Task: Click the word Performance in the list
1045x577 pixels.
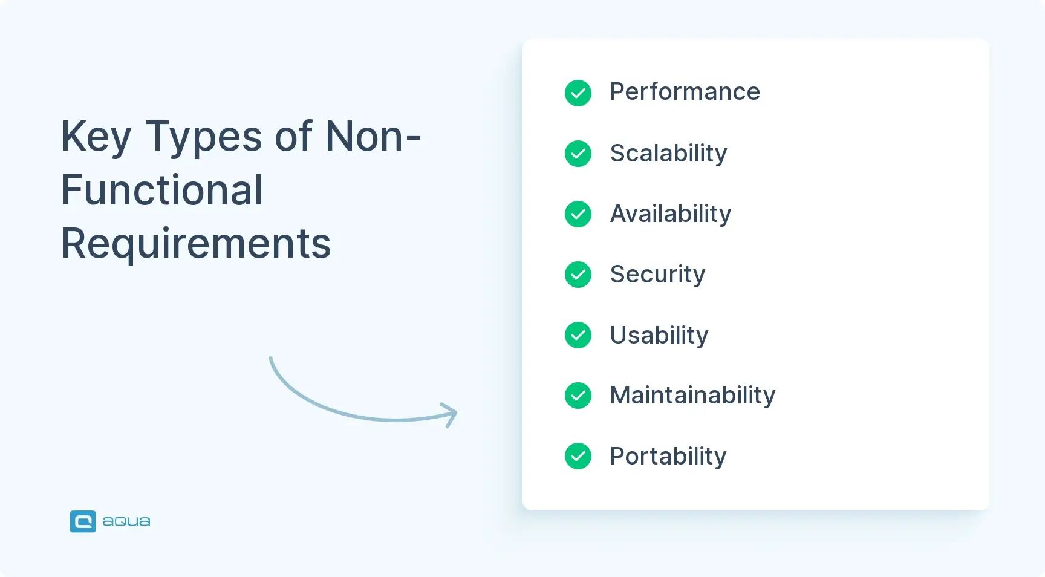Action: [x=685, y=92]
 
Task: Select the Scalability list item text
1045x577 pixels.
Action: [x=668, y=154]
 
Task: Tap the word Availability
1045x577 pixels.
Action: [x=671, y=214]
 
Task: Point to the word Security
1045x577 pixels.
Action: [x=657, y=275]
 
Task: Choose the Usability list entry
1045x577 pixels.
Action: [x=659, y=335]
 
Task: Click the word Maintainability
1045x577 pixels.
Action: [x=692, y=396]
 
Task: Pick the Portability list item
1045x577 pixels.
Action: [x=668, y=456]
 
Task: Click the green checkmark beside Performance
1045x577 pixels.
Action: [x=578, y=93]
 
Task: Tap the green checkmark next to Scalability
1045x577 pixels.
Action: [x=578, y=154]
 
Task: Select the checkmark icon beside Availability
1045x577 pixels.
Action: [x=578, y=214]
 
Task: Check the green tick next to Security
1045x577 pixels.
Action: [x=578, y=275]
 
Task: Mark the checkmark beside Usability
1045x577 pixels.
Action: [x=578, y=335]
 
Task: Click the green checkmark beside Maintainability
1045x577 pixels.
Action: [x=578, y=396]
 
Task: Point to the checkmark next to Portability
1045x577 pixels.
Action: [x=578, y=456]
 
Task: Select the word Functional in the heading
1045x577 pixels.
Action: [x=162, y=191]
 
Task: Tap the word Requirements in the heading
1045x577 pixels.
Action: [x=196, y=244]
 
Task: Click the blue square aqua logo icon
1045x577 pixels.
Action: [x=83, y=521]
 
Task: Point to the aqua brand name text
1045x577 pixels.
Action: [x=126, y=521]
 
